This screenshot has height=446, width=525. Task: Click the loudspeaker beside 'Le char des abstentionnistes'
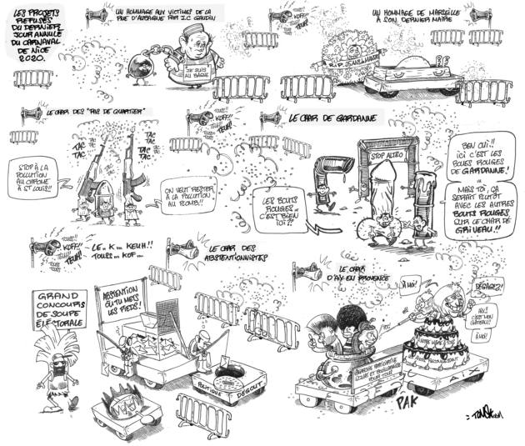pyautogui.click(x=184, y=248)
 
